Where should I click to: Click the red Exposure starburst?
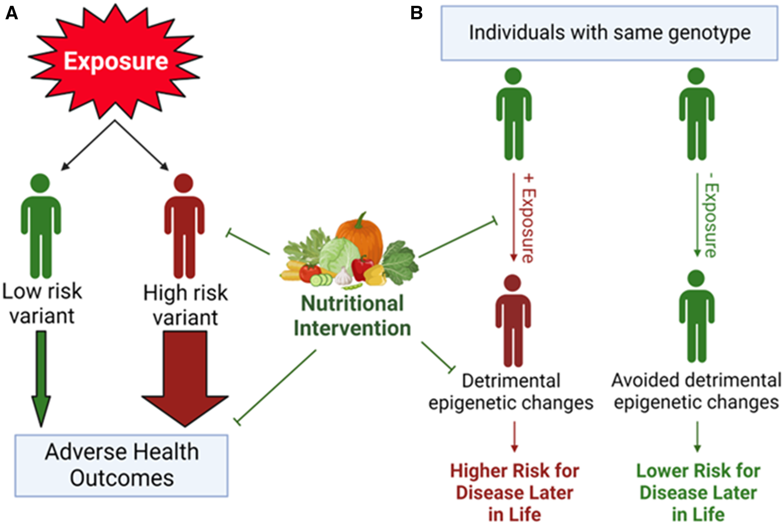(x=116, y=61)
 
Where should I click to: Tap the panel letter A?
(x=12, y=13)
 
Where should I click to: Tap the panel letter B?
(x=416, y=13)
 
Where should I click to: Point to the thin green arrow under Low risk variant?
(x=41, y=377)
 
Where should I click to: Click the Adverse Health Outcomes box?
(x=121, y=465)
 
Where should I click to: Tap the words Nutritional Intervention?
(x=352, y=316)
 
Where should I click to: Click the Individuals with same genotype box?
(x=609, y=33)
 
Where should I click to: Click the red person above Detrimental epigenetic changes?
(x=513, y=320)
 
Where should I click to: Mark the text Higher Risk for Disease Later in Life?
(x=514, y=492)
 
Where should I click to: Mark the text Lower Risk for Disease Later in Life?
(x=698, y=492)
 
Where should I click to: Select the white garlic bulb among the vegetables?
(x=343, y=277)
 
